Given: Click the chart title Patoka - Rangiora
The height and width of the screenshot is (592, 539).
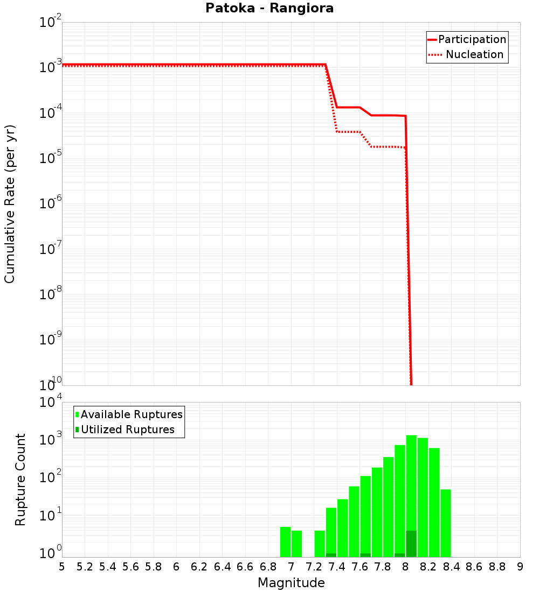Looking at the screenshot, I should (269, 9).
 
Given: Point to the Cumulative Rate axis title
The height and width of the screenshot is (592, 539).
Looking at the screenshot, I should (10, 204).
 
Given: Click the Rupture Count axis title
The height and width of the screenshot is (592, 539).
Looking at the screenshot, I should (20, 480).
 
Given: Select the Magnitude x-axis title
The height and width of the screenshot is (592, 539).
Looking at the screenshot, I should (291, 583).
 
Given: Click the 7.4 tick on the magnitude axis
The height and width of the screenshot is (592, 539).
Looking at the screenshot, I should (337, 567).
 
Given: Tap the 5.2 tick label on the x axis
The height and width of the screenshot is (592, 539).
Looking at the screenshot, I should (85, 567).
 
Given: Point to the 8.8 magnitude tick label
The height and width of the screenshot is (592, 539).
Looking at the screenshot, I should (497, 567).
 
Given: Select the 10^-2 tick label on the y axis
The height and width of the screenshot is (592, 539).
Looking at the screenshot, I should (51, 22).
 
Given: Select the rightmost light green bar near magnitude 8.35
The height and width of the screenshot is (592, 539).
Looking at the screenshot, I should (445, 522).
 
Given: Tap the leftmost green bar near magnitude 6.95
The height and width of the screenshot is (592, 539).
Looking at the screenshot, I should (285, 541).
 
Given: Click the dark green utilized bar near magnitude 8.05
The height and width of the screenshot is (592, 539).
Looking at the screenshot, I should (411, 544).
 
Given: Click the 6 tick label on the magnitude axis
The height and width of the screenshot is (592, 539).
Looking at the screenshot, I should (176, 567).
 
